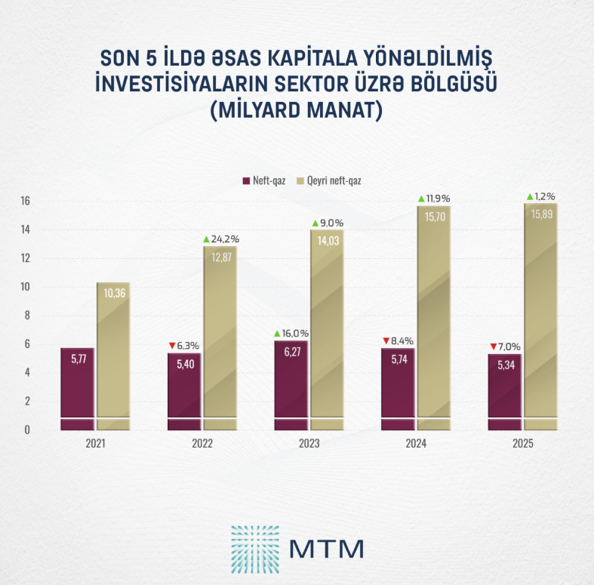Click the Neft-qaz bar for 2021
[77, 389]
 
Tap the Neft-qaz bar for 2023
[291, 385]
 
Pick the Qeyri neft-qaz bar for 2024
[433, 318]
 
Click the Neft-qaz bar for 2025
[504, 392]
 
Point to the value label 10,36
[112, 292]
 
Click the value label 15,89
[540, 214]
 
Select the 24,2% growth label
[226, 239]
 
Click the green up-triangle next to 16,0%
[277, 333]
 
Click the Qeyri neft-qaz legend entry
[333, 181]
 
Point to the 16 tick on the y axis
[25, 202]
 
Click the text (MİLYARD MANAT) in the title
[296, 109]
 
